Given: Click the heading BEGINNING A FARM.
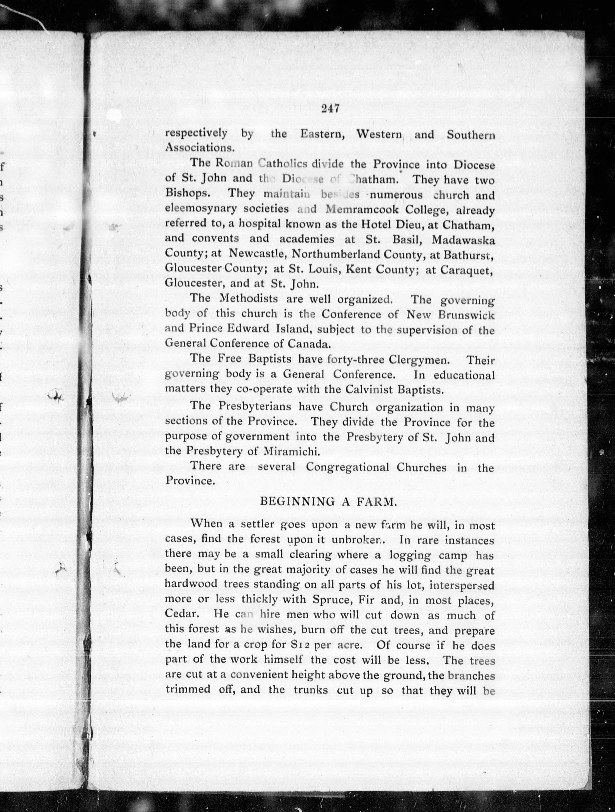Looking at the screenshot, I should (x=329, y=502).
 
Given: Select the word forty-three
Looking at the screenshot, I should (x=352, y=359).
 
